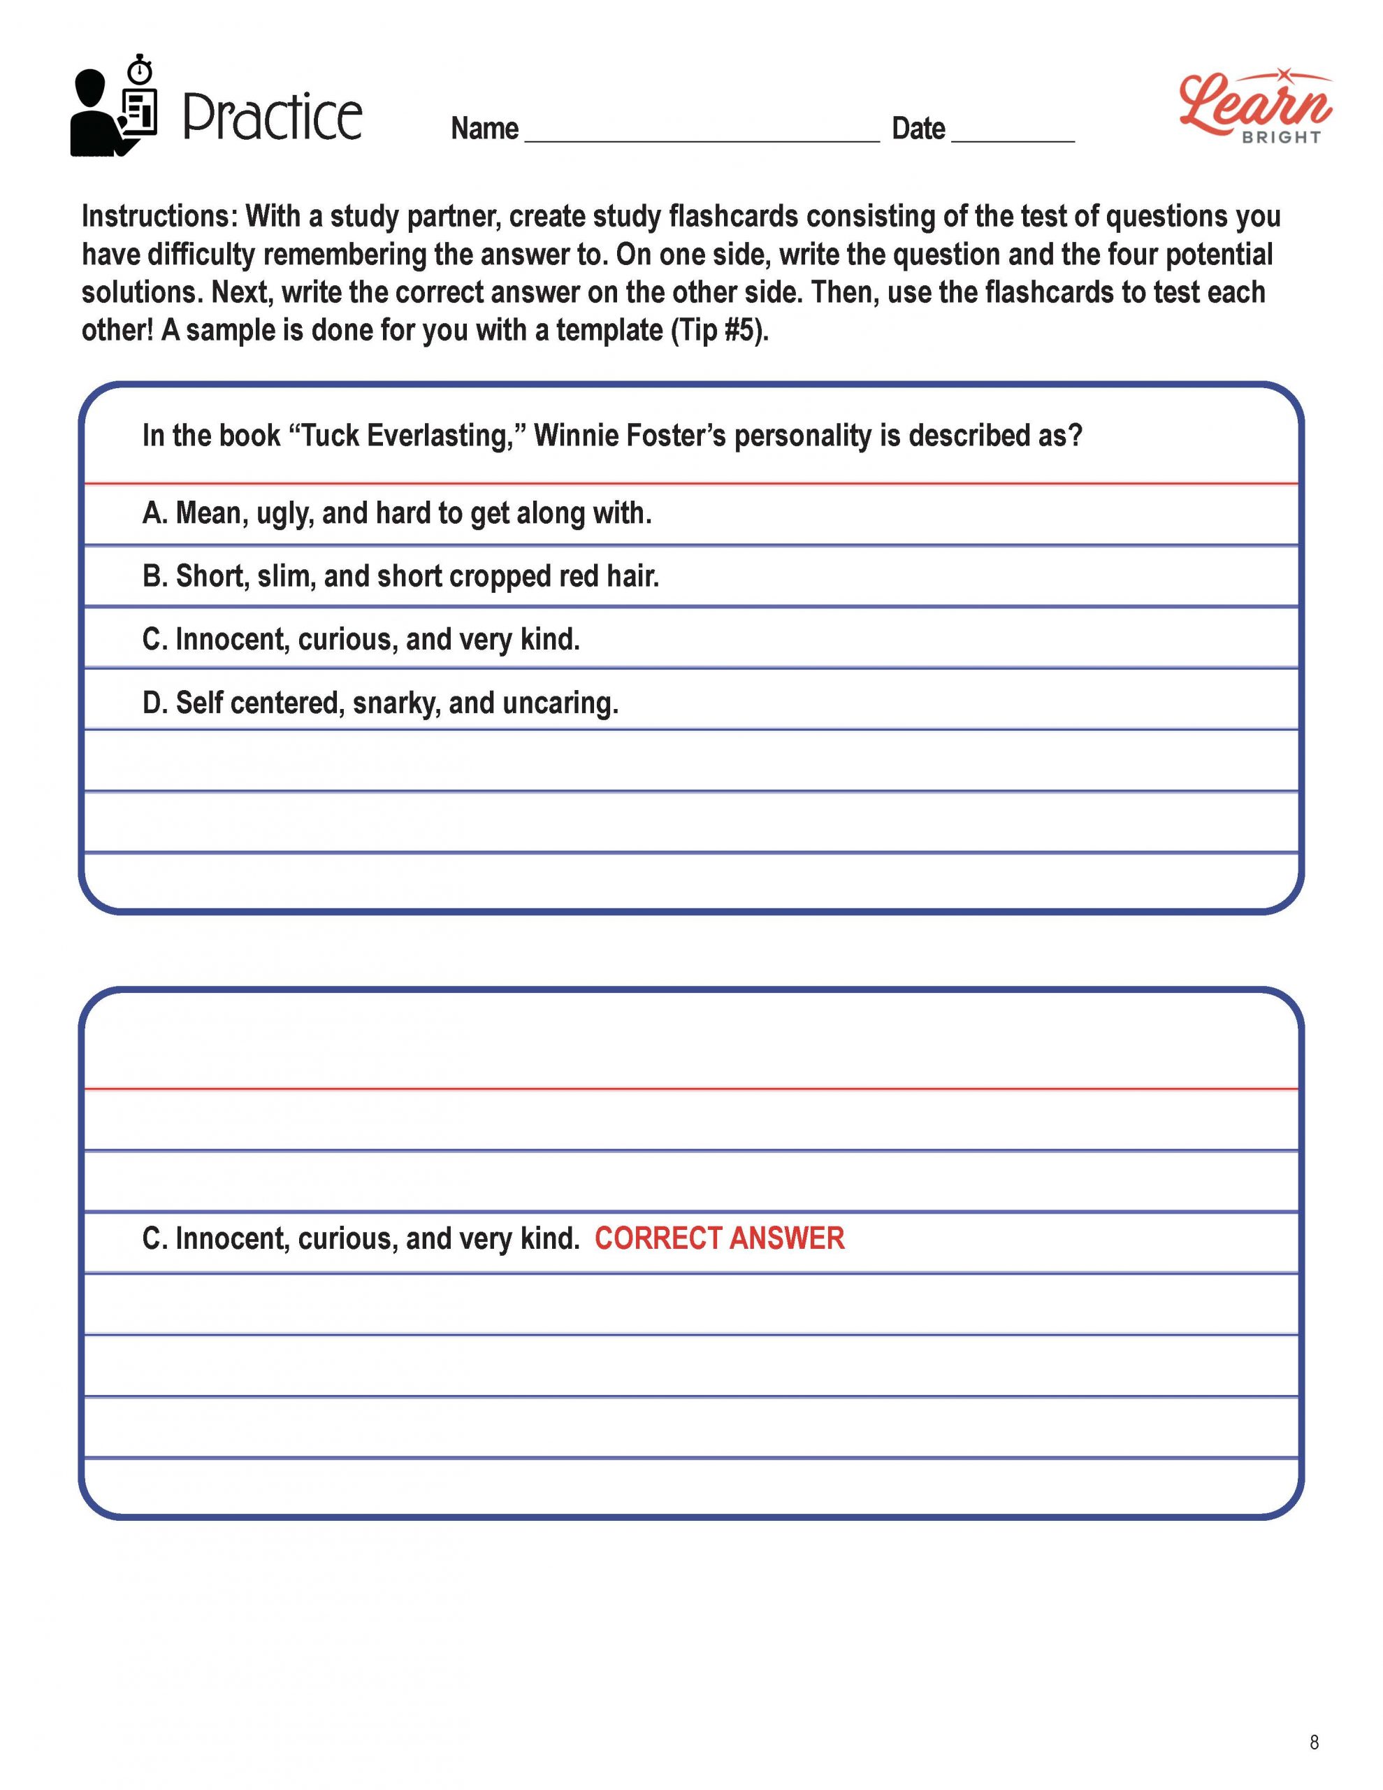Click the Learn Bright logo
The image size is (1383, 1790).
tap(1254, 106)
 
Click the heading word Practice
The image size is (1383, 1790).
tap(272, 117)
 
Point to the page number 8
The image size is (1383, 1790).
tap(1315, 1742)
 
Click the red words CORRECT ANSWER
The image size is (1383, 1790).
tap(718, 1238)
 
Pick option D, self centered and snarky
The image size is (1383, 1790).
tap(380, 703)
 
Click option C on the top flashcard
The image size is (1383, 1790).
tap(361, 639)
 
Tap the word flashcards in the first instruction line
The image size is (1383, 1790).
tap(733, 216)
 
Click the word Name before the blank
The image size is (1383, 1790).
tap(484, 129)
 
